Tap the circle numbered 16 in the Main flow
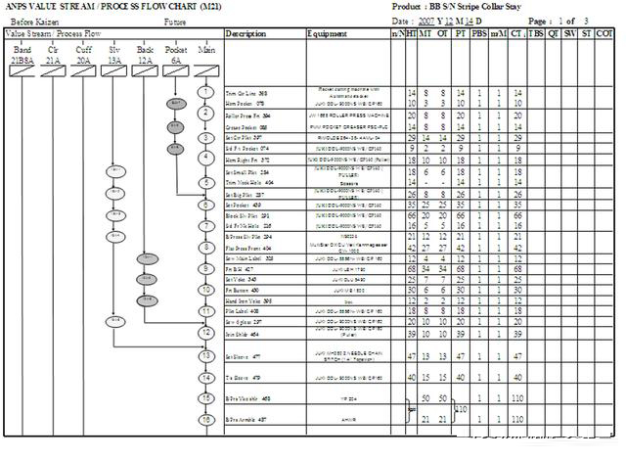[x=205, y=419]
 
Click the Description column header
[x=245, y=33]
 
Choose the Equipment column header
[x=327, y=33]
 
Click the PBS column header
[x=478, y=33]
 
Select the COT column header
[x=605, y=33]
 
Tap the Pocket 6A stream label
[x=176, y=53]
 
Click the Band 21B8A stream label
[x=22, y=53]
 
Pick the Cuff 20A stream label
[x=84, y=53]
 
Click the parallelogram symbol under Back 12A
[x=146, y=71]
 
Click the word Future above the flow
[x=175, y=21]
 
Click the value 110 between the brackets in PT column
[x=462, y=408]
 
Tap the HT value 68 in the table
[x=411, y=241]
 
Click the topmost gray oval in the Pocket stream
[x=176, y=101]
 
